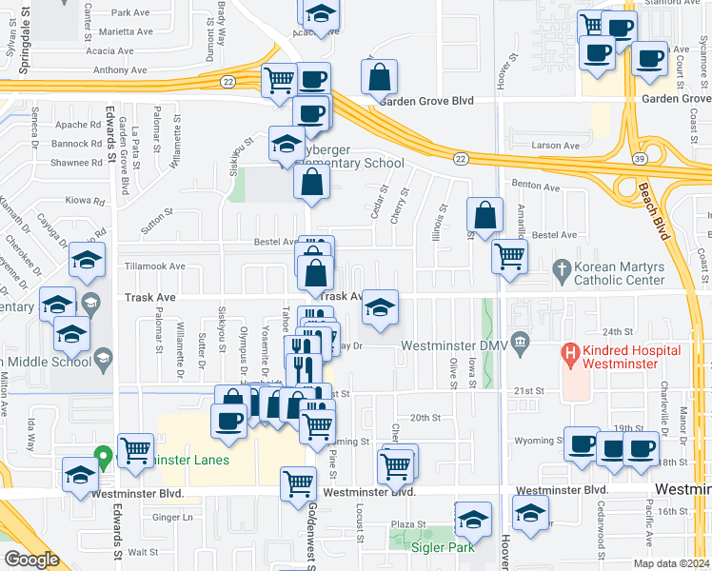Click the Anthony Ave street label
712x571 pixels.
[x=120, y=69]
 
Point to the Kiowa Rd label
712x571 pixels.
[x=87, y=201]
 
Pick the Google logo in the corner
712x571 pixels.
[x=31, y=560]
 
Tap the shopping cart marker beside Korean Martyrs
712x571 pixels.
[x=510, y=255]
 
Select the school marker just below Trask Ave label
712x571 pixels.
[x=381, y=307]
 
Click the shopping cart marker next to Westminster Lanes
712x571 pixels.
[x=135, y=449]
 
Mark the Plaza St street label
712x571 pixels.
[x=408, y=524]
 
